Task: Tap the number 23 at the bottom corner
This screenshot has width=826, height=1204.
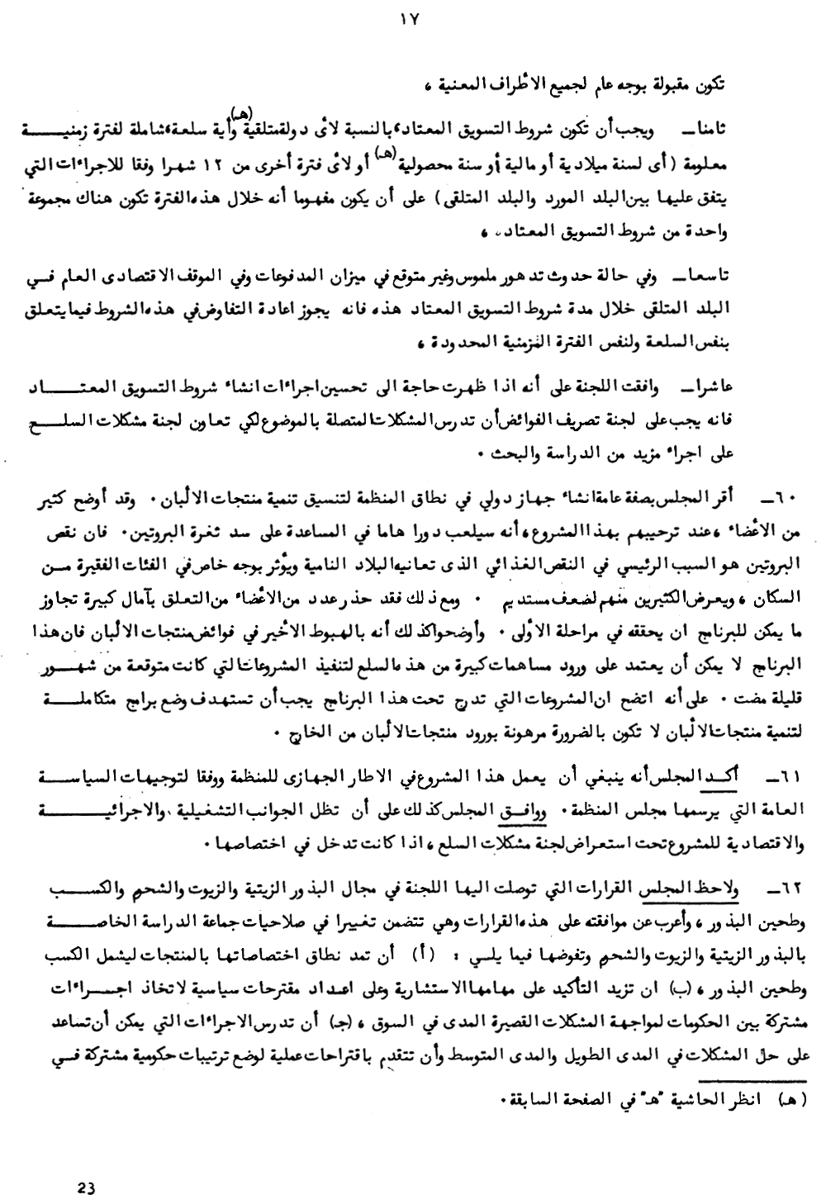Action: click(x=87, y=1188)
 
